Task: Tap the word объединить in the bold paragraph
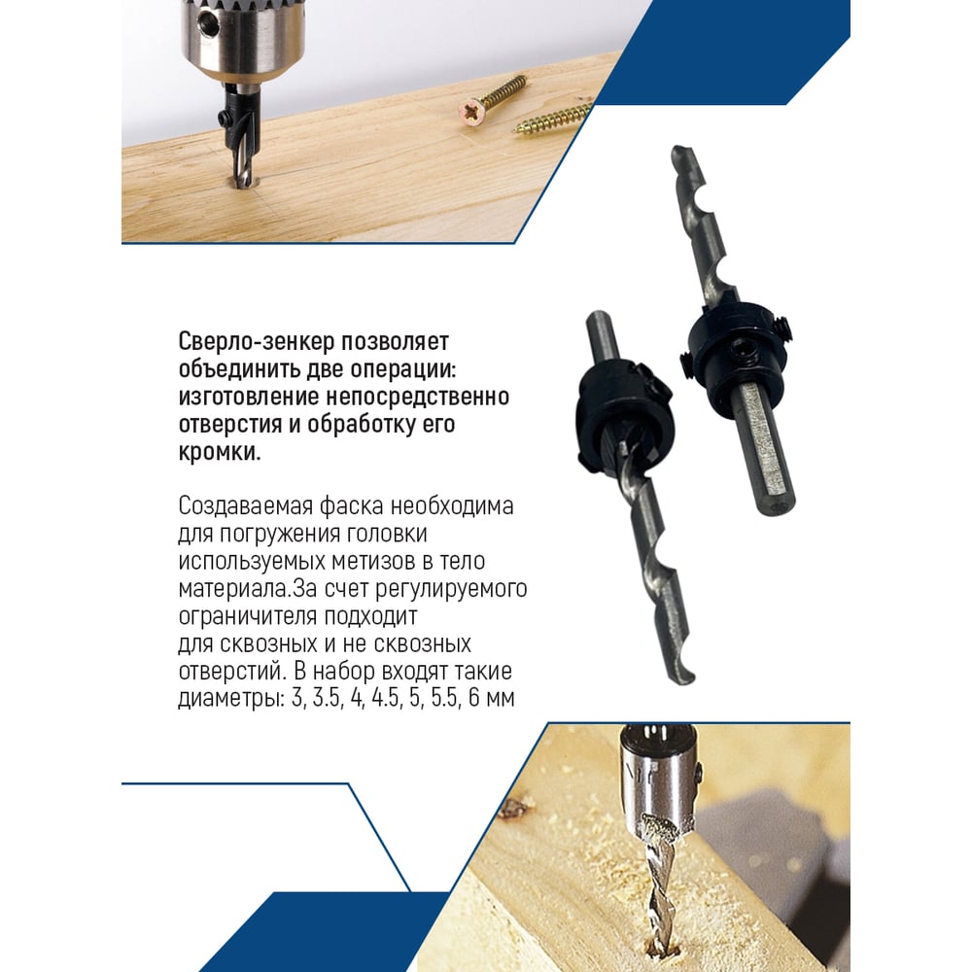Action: [237, 368]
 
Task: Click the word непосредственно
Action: [417, 397]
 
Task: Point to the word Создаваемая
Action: [245, 506]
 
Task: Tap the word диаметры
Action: [231, 699]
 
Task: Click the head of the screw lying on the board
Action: [472, 112]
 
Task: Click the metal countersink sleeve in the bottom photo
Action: [661, 778]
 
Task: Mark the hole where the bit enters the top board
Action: [244, 184]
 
